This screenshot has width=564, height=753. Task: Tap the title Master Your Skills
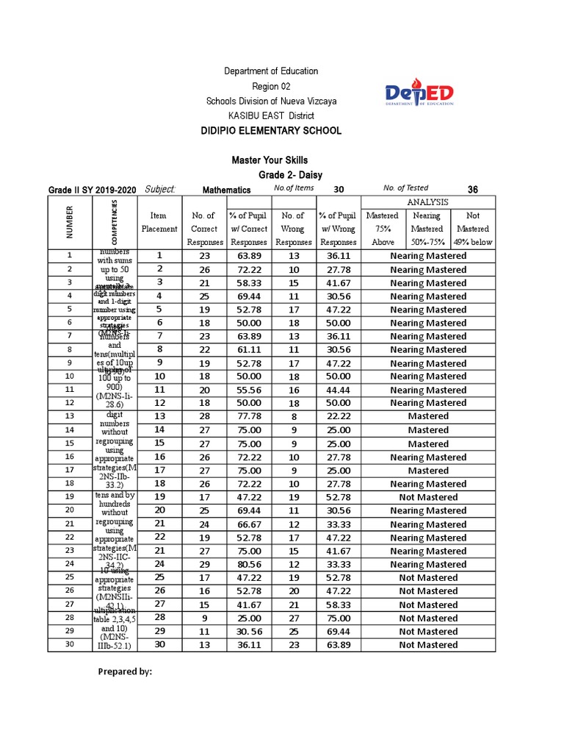coord(270,160)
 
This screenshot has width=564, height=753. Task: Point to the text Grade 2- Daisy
coord(292,175)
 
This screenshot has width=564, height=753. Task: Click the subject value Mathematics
coord(226,190)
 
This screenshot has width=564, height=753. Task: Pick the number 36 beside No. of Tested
coord(473,190)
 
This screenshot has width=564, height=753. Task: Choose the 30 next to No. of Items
coord(339,190)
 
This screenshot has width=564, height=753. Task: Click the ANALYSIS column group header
coord(428,202)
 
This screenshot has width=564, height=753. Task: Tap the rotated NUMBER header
coord(70,222)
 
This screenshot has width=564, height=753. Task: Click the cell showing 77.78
coord(250,416)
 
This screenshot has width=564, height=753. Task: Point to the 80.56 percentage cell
coord(250,564)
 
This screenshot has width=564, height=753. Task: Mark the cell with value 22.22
coord(339,416)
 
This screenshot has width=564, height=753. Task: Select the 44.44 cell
coord(339,390)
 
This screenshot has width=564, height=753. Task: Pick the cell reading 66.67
coord(250,524)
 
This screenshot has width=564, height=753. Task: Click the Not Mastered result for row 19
coord(428,497)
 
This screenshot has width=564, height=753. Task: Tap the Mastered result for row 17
coord(428,471)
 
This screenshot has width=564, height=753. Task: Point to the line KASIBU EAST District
coord(271,115)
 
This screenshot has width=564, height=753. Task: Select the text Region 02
coord(271,86)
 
